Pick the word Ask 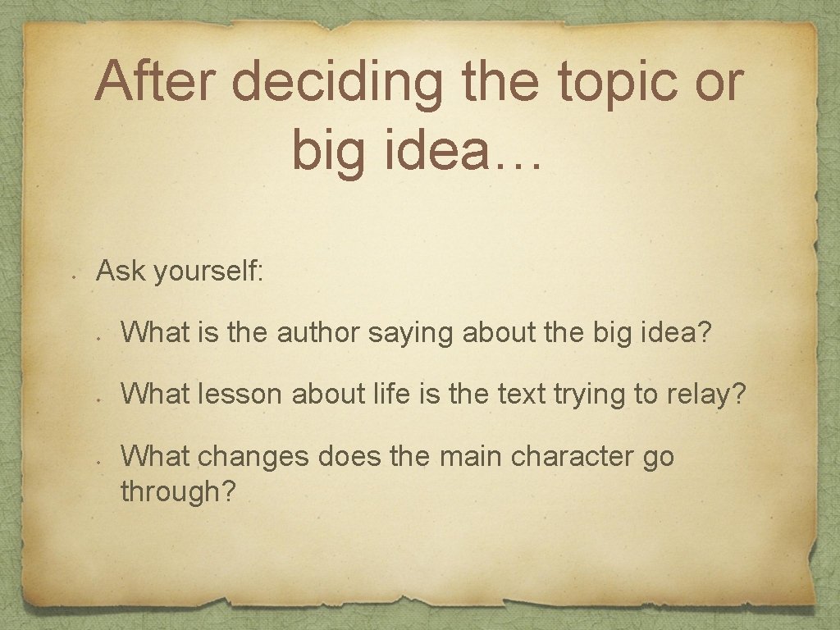(120, 271)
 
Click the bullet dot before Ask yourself (73, 277)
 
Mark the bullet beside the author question (98, 338)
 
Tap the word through (177, 492)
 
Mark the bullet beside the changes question (98, 462)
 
